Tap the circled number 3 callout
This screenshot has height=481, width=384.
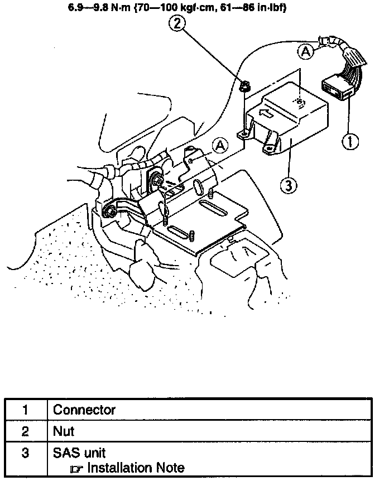coord(287,185)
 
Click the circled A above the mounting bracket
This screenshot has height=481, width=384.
coord(221,146)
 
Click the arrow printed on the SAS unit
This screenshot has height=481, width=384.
coord(267,115)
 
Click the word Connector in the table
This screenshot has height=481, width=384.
coord(84,410)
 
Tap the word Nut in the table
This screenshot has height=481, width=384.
coord(64,431)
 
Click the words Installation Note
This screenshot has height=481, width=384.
coord(136,468)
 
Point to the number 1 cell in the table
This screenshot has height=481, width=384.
coord(26,410)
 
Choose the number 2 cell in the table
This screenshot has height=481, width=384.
coord(26,431)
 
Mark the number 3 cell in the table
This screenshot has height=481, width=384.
coord(26,452)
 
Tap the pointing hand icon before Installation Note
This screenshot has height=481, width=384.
coord(78,469)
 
